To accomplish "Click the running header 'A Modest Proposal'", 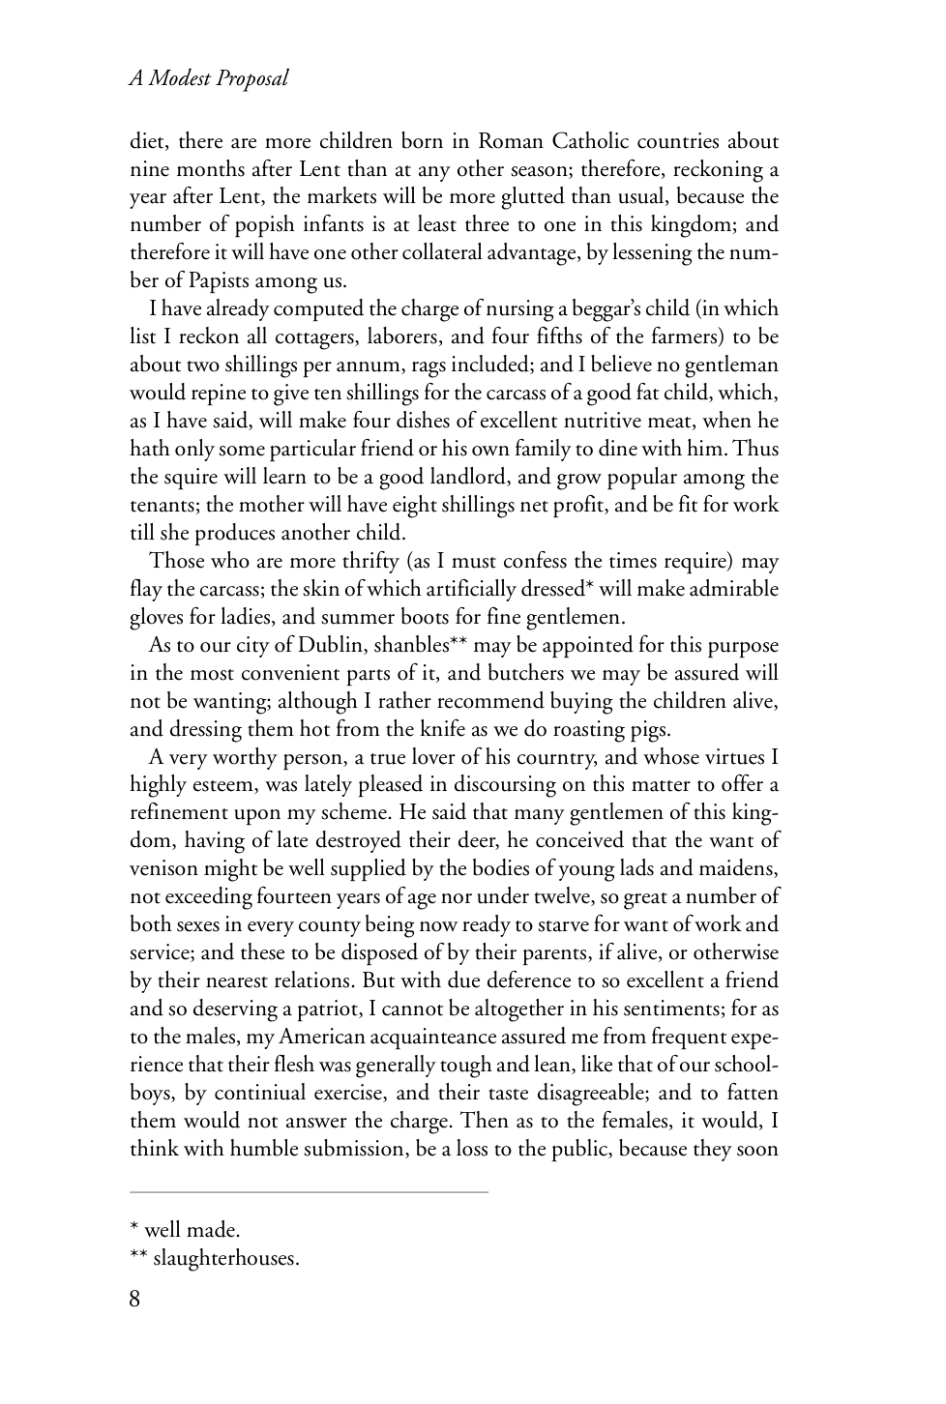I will (209, 79).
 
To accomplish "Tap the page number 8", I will (135, 1298).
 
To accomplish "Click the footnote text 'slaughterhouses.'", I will (226, 1259).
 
